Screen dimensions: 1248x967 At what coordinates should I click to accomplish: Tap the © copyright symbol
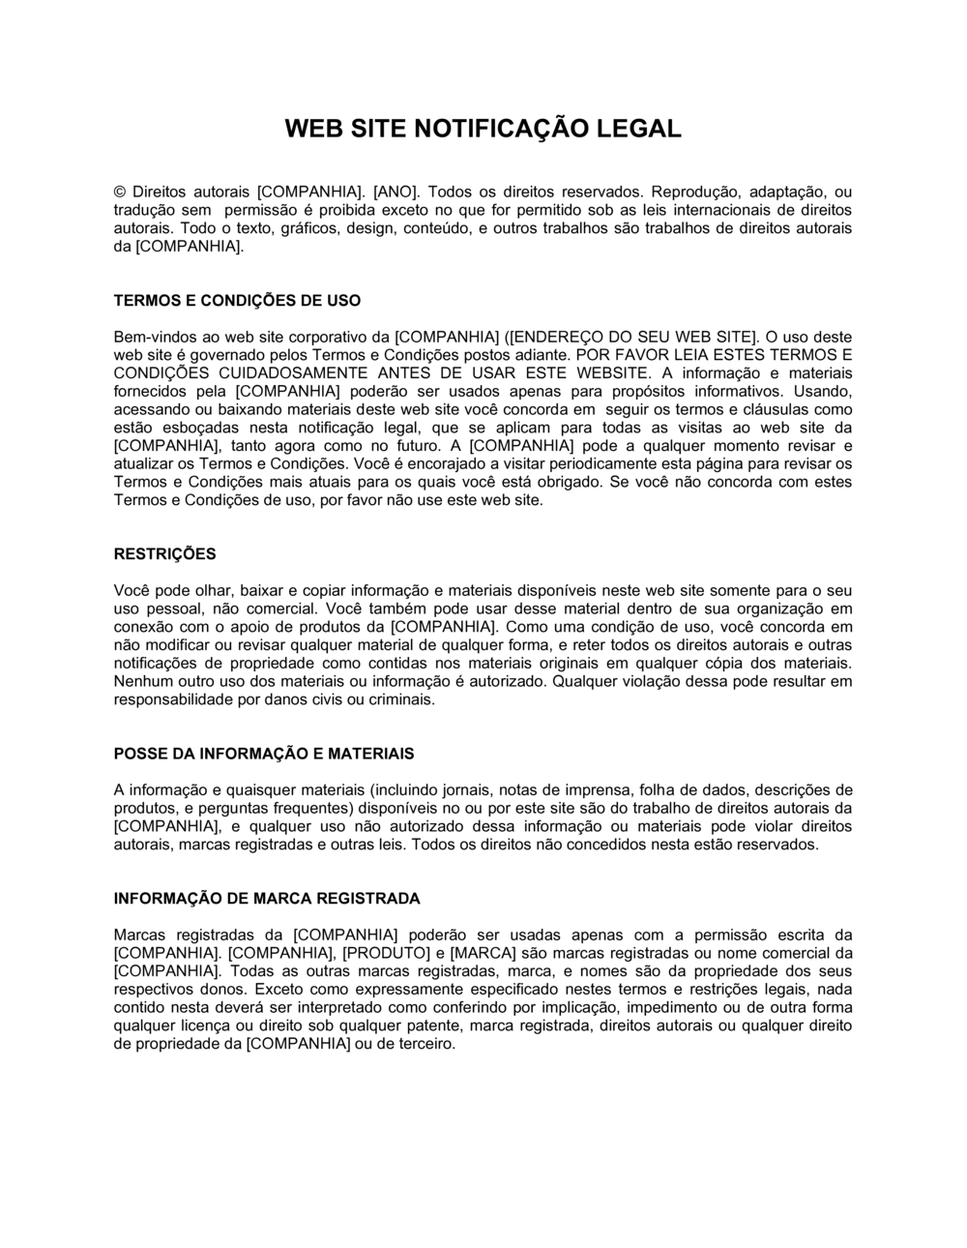(120, 192)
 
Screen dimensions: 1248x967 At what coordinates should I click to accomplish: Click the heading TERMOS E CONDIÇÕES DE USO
(237, 301)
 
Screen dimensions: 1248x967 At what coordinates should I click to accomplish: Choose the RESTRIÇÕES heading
(165, 554)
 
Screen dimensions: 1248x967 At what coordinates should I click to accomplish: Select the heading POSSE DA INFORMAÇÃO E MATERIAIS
(264, 754)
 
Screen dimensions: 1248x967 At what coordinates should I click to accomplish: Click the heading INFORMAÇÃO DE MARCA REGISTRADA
(267, 899)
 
